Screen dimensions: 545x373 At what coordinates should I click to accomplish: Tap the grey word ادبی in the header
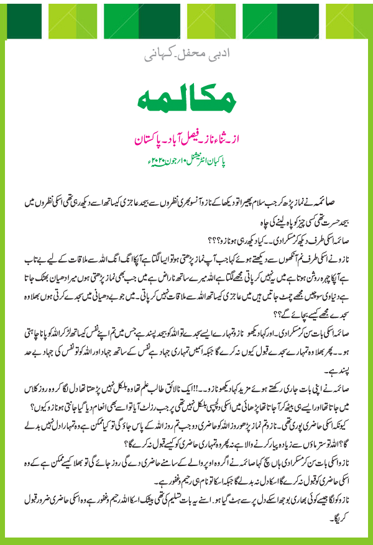pyautogui.click(x=226, y=55)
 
